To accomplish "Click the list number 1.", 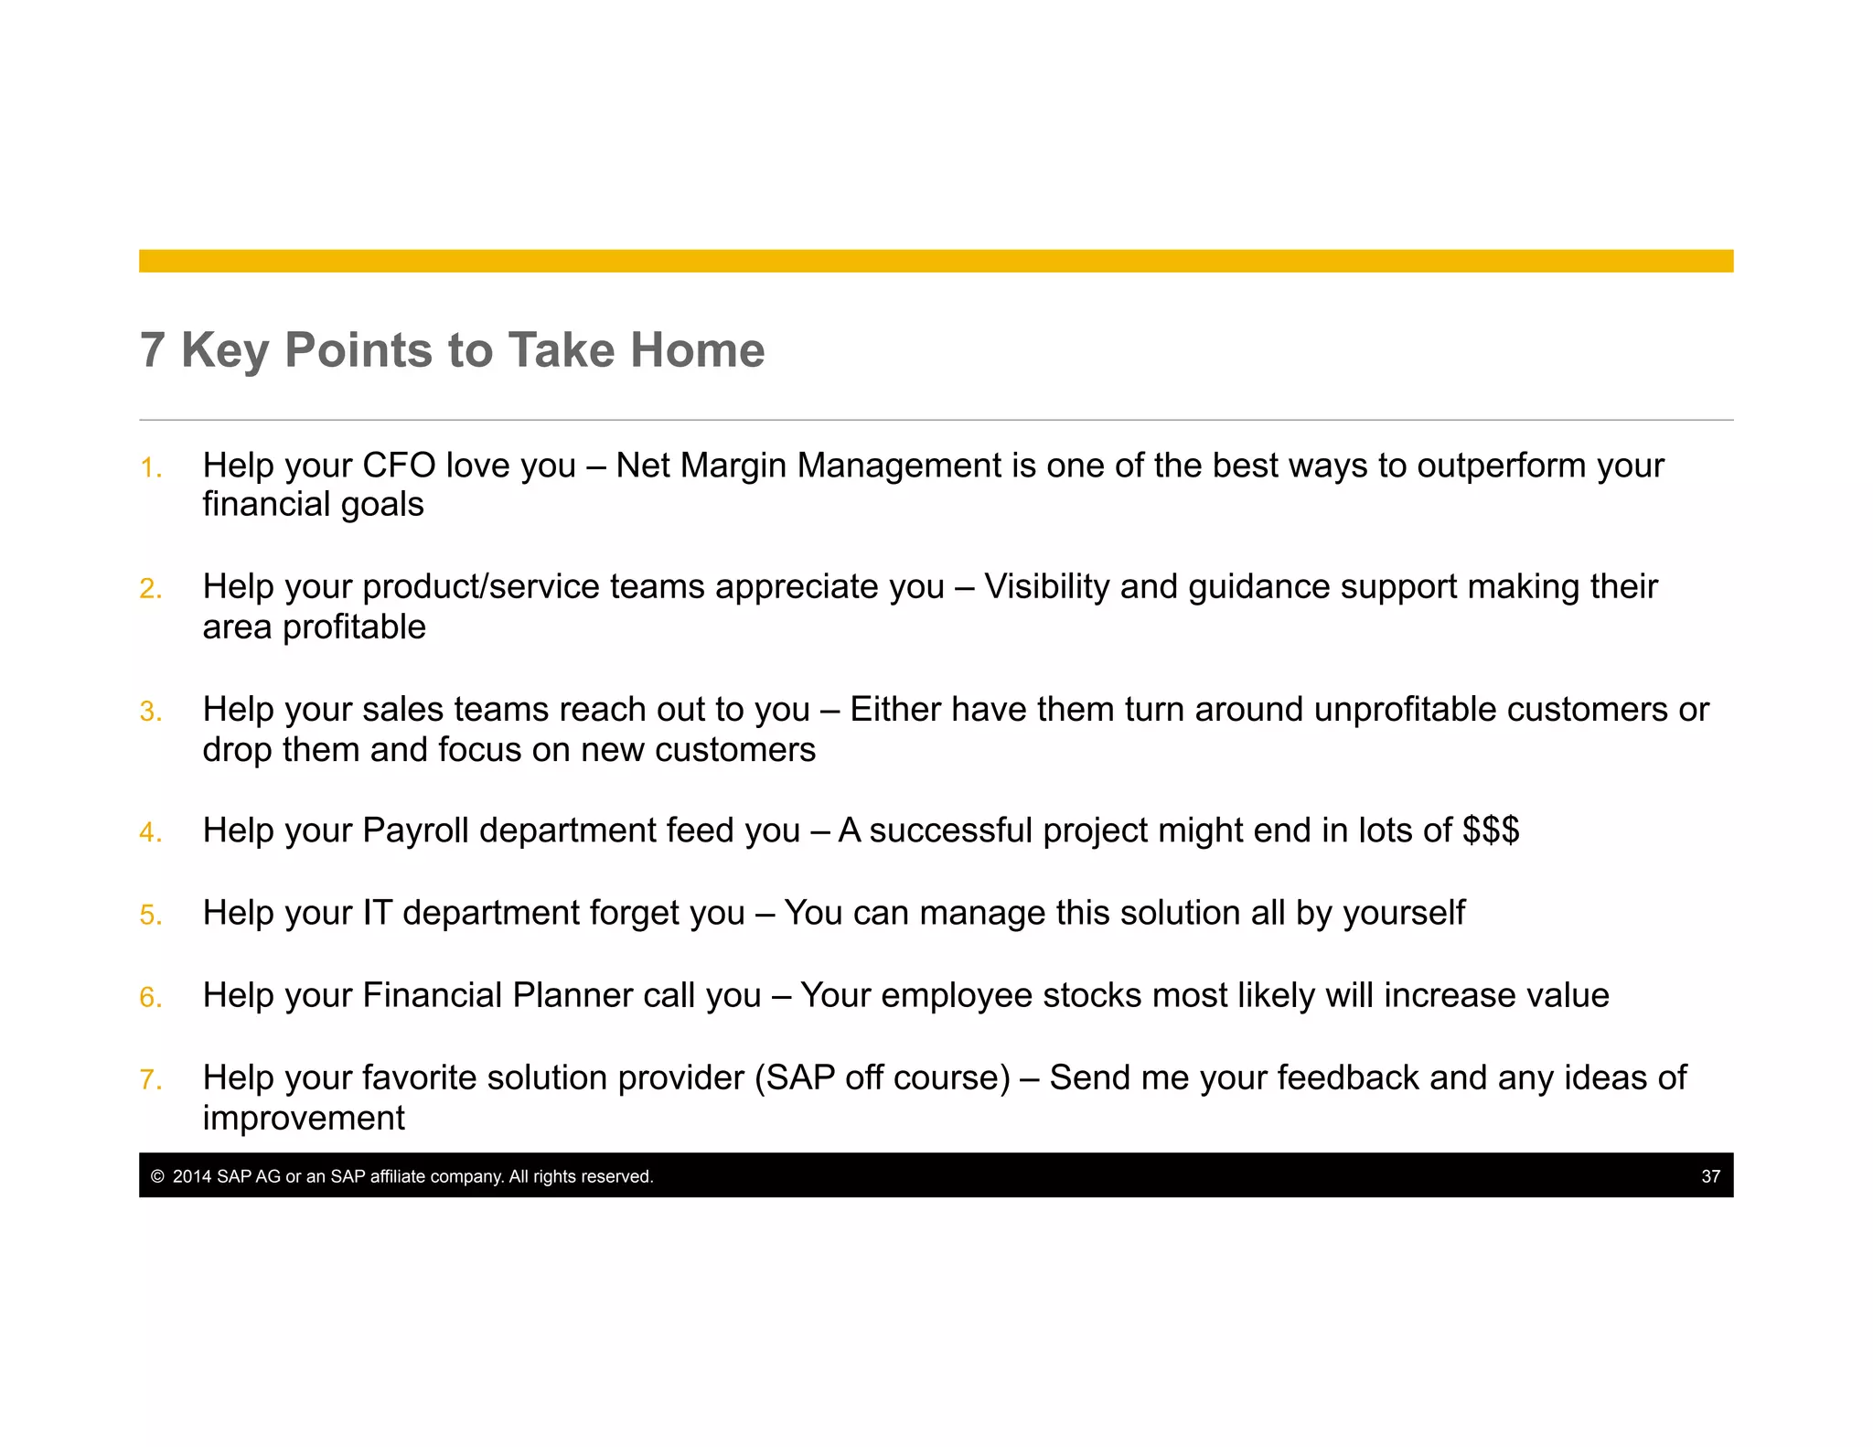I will pos(150,469).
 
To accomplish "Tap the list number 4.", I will pos(150,832).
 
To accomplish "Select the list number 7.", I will pos(150,1080).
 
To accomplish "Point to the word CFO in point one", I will pos(399,466).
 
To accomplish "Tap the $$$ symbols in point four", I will pos(1490,831).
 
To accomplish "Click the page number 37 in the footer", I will pos(1710,1176).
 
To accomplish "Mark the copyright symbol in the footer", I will pos(157,1176).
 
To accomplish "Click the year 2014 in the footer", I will pos(192,1176).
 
